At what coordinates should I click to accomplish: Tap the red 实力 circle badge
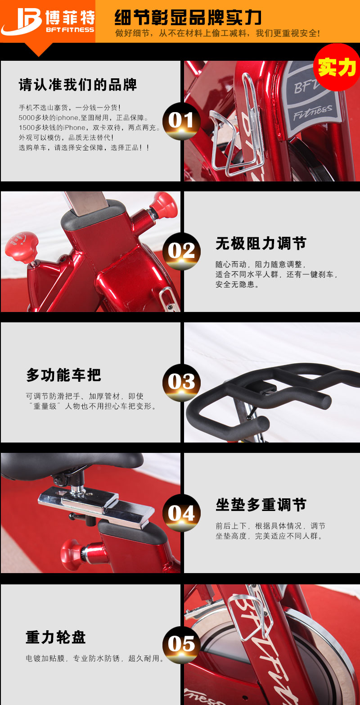point(337,67)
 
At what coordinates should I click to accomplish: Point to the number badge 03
point(181,382)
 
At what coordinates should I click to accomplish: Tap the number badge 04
point(181,513)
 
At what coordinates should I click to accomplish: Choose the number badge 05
point(181,644)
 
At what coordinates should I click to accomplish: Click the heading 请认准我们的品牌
point(78,85)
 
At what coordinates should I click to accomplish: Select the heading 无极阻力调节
point(261,244)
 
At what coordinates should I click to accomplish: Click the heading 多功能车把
point(63,375)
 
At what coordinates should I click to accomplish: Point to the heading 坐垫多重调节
point(261,505)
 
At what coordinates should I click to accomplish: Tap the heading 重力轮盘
point(56,637)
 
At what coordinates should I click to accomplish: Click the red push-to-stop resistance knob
point(22,245)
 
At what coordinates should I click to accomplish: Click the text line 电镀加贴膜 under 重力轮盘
point(95,658)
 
